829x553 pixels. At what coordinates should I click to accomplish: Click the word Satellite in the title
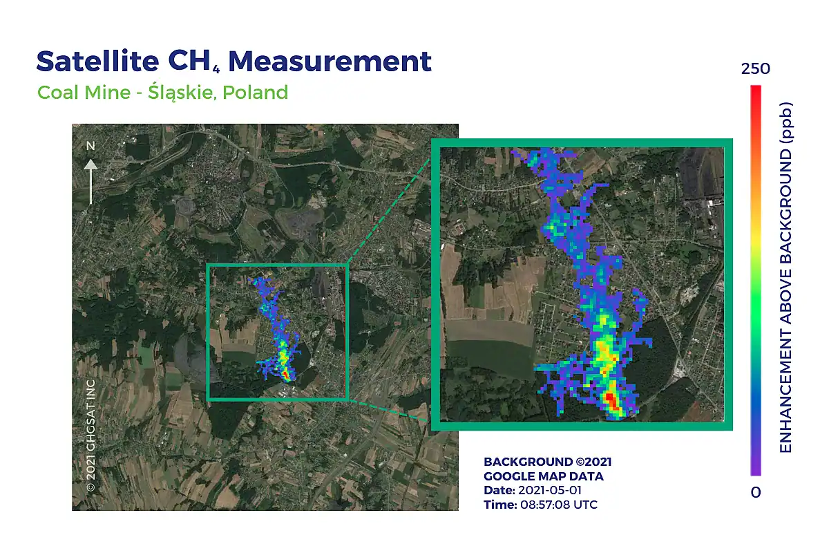(97, 61)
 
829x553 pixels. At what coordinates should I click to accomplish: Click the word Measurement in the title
(330, 61)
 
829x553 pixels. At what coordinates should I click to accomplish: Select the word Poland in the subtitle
(256, 92)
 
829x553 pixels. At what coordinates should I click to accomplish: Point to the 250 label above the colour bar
(755, 69)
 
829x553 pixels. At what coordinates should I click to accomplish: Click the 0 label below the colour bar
(756, 492)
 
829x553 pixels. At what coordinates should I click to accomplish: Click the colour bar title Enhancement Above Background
(785, 277)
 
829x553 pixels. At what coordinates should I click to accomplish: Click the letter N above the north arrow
(90, 146)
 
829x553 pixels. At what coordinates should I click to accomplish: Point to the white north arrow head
(90, 165)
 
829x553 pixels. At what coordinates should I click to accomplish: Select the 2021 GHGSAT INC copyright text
(90, 435)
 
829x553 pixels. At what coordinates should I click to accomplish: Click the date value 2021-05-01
(550, 490)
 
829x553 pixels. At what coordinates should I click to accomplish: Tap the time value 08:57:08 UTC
(559, 505)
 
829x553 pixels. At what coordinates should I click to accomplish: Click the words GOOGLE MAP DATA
(543, 476)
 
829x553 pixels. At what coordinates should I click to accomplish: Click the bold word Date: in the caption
(499, 490)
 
